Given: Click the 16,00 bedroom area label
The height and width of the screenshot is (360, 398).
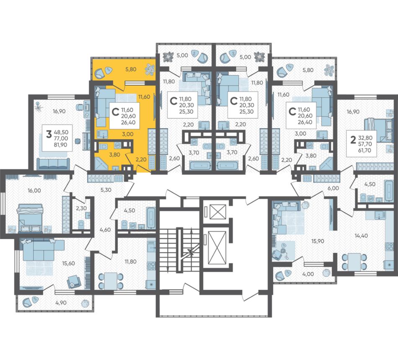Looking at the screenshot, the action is click(34, 190).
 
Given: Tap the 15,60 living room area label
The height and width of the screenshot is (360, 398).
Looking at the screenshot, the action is click(69, 263).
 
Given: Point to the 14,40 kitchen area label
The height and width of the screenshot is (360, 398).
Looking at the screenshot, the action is click(361, 236).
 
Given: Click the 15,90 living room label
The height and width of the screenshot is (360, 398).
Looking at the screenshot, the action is click(318, 241).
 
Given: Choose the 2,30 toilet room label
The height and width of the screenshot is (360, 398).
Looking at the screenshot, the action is click(81, 208).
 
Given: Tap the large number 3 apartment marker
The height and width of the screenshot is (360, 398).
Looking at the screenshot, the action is click(49, 134).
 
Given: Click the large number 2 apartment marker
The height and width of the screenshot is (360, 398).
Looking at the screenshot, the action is click(353, 140).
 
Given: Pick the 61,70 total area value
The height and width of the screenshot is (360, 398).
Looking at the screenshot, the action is click(364, 150).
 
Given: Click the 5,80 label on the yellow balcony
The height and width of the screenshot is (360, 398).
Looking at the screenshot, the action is click(131, 69).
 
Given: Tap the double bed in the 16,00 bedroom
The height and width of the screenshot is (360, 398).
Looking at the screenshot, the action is click(29, 218).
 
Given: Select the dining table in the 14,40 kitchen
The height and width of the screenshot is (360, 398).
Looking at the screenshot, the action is click(354, 262).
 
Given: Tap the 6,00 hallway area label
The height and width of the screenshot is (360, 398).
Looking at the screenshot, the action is click(333, 188).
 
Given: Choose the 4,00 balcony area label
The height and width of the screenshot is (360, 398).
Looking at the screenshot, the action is click(308, 274).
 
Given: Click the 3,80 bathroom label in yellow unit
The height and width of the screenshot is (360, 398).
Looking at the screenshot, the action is click(114, 155).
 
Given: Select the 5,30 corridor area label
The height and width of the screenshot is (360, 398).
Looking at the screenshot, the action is click(106, 190).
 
